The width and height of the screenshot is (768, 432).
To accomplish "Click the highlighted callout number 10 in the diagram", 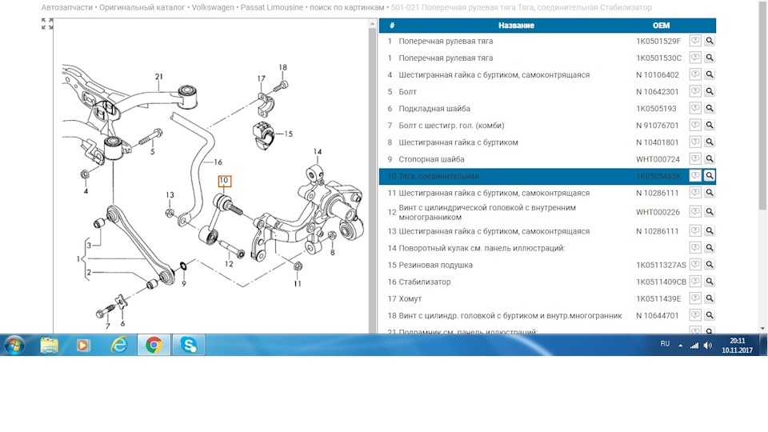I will click(224, 181).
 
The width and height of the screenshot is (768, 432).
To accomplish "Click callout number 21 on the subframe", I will click(159, 77).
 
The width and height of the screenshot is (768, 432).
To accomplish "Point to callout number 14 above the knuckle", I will click(317, 151).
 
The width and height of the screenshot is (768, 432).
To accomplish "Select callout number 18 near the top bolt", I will click(282, 67).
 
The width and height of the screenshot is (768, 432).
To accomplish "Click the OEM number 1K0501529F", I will click(658, 41).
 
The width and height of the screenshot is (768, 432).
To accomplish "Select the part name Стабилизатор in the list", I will click(425, 282).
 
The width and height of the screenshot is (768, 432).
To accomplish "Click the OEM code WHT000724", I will click(658, 159).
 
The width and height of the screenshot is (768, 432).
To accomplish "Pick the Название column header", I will click(516, 26).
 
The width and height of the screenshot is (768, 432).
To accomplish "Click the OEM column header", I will click(661, 26).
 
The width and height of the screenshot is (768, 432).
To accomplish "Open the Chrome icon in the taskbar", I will click(154, 345).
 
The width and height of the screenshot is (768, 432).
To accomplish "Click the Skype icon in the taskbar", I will click(189, 345).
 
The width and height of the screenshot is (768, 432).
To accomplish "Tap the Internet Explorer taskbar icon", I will click(118, 345).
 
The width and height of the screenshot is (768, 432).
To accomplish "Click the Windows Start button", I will click(14, 345).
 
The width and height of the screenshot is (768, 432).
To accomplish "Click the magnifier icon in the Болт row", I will click(710, 91).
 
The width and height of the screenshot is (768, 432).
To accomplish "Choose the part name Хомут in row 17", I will click(412, 298).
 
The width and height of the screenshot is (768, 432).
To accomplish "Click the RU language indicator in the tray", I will click(665, 343).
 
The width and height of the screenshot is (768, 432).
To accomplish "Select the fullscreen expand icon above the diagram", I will click(47, 24).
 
